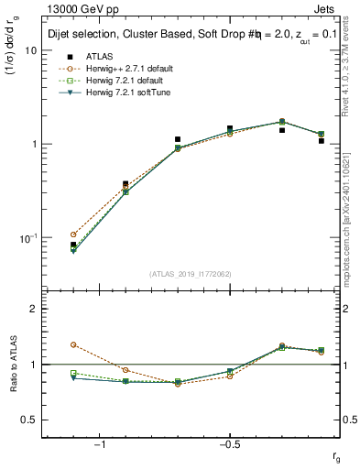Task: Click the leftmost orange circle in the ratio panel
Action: (x=73, y=344)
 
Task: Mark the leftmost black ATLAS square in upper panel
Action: (x=73, y=245)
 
